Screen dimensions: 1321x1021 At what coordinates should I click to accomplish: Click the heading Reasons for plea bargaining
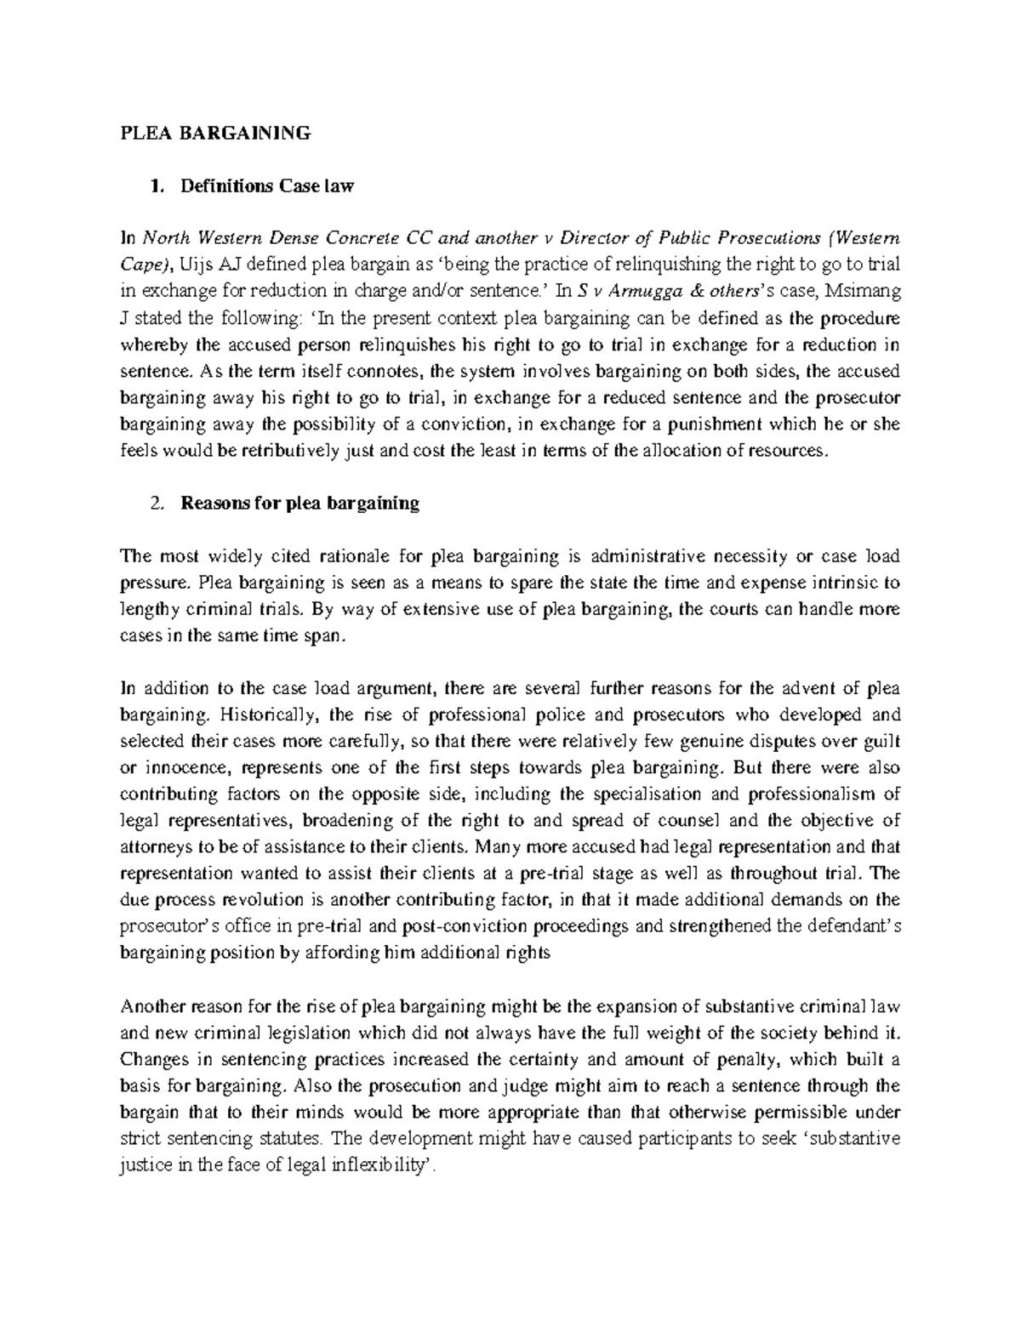pos(299,503)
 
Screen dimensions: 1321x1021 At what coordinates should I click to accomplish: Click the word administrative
pos(638,556)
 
